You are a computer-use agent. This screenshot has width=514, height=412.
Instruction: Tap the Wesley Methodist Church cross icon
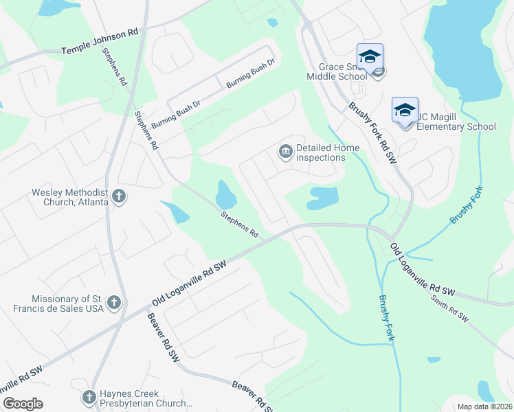coord(118,197)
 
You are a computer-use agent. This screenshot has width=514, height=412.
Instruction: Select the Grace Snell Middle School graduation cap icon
coord(370,56)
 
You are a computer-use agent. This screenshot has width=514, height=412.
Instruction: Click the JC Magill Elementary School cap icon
coord(405,109)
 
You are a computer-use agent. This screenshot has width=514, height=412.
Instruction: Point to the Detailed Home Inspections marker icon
coord(285,151)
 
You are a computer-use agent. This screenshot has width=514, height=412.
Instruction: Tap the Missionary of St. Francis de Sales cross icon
coord(114,302)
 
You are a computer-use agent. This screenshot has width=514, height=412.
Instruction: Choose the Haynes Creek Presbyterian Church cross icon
coord(89,397)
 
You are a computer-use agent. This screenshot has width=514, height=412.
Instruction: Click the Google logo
coord(23,404)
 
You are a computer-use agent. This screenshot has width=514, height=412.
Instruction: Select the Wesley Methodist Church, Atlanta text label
coord(69,197)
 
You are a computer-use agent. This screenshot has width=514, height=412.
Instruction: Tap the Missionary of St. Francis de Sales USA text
coord(68,303)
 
